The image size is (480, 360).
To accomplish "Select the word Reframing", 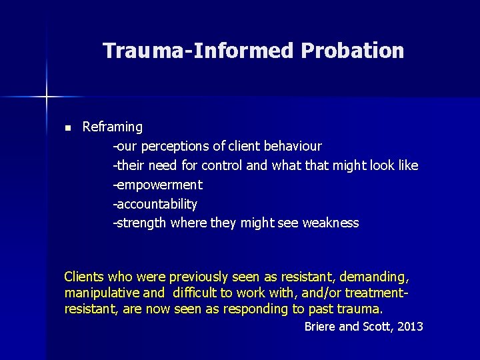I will (113, 127).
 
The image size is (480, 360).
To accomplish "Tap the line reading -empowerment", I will (157, 185).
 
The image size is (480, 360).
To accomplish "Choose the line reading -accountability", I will (155, 204).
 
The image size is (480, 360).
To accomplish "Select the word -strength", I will (139, 223).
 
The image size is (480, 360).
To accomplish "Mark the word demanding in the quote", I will (377, 276).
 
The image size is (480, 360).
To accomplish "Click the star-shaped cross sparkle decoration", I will (47, 97).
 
